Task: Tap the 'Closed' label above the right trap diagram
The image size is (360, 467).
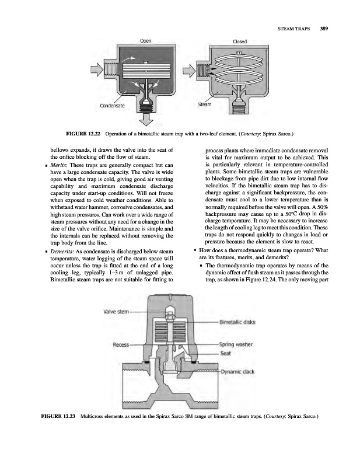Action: (x=239, y=41)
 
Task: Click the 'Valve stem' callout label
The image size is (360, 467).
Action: (x=116, y=311)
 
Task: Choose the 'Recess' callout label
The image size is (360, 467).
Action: (x=121, y=344)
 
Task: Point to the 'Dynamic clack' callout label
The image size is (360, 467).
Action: (x=240, y=370)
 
